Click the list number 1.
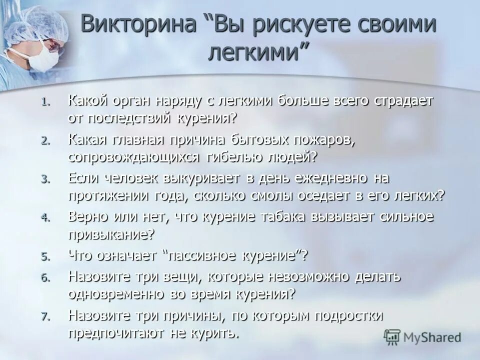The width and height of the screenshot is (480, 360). (45, 102)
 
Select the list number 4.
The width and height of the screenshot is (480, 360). (45, 218)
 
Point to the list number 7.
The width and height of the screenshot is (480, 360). (45, 317)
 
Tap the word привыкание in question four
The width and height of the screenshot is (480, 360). (111, 234)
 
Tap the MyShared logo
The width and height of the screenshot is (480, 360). (422, 337)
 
